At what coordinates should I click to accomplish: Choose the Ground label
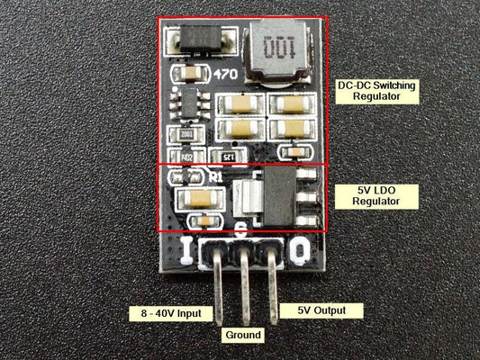click(242, 335)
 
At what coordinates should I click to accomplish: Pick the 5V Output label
click(329, 310)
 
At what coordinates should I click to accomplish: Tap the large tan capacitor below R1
click(195, 197)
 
